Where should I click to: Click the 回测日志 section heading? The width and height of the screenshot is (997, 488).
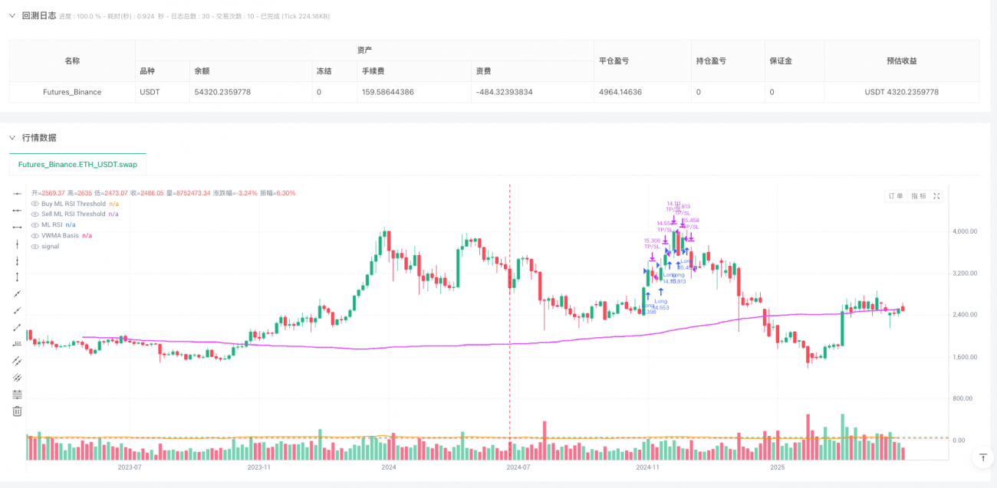pyautogui.click(x=38, y=15)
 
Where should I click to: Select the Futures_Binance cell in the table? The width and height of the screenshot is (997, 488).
pyautogui.click(x=72, y=92)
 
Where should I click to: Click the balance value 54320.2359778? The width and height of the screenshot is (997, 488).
pyautogui.click(x=222, y=92)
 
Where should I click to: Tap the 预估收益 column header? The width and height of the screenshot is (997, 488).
pyautogui.click(x=901, y=61)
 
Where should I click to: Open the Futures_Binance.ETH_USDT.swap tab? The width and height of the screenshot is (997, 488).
pyautogui.click(x=77, y=164)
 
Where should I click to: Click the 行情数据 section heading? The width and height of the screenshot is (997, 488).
pyautogui.click(x=38, y=137)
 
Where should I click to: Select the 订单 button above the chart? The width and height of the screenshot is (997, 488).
pyautogui.click(x=896, y=196)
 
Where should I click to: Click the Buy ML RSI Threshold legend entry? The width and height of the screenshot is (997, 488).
pyautogui.click(x=74, y=204)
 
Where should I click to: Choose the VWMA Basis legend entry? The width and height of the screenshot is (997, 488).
pyautogui.click(x=60, y=235)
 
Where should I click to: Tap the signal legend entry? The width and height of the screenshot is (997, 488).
pyautogui.click(x=51, y=247)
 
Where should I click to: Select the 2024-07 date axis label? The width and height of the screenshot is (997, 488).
pyautogui.click(x=518, y=467)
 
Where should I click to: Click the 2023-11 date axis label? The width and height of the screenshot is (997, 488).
pyautogui.click(x=258, y=467)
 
